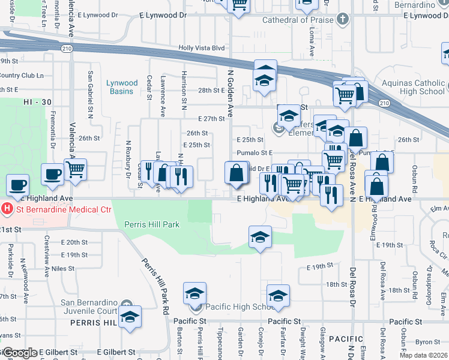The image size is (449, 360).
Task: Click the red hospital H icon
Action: coord(7,209)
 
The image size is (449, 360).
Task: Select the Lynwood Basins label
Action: coord(122,88)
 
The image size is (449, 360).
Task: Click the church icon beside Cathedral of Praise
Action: coord(343,20)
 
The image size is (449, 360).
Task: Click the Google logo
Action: coord(19,353)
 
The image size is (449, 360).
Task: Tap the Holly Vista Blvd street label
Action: coord(201,48)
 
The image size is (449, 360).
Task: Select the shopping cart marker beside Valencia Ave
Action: coord(76,170)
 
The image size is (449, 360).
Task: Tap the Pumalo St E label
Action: coord(255,153)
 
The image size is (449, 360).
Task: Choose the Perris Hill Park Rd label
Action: coord(154,286)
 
